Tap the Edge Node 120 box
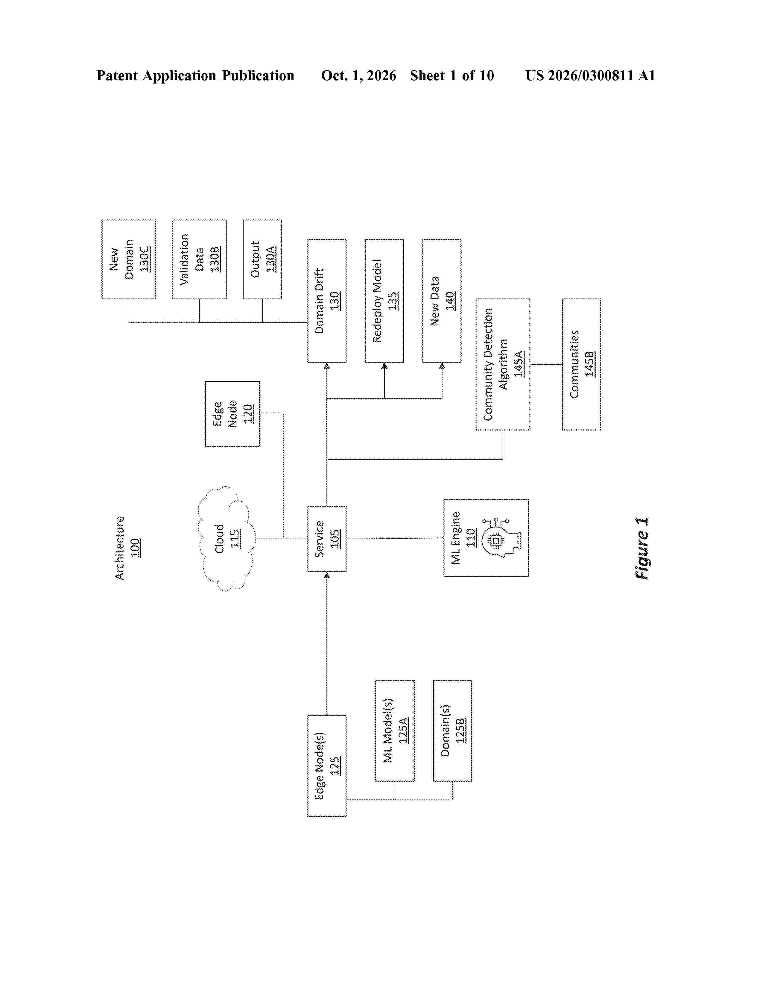[232, 414]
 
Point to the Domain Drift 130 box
[327, 301]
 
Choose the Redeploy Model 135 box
[384, 301]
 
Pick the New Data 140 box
[442, 301]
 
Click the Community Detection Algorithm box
[503, 364]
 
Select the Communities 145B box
[581, 364]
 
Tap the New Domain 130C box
[129, 259]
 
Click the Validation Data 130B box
[199, 259]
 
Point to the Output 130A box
[262, 259]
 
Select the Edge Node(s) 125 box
[327, 766]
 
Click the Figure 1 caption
[642, 548]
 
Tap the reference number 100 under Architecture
[135, 548]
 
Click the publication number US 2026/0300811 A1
[590, 75]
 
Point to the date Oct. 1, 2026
[358, 75]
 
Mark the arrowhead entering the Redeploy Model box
[384, 366]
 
